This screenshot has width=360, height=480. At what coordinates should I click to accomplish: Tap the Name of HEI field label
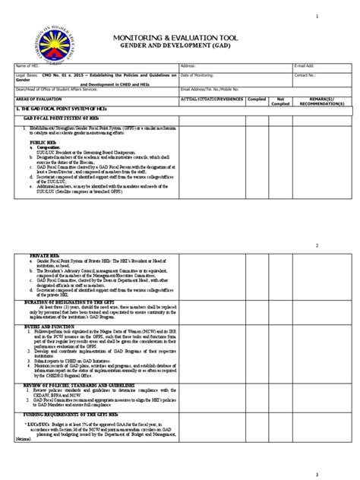click(x=26, y=66)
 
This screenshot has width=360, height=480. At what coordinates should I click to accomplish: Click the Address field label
click(x=189, y=66)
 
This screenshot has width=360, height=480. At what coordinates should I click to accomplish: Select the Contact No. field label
click(x=305, y=75)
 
